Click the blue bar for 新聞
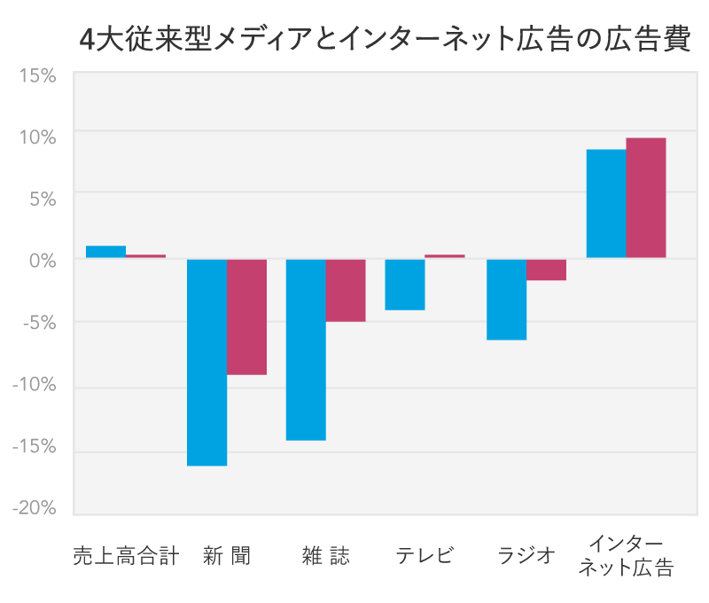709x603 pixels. [206, 362]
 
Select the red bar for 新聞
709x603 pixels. [246, 317]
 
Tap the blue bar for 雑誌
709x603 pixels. [306, 349]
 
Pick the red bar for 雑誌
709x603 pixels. [346, 290]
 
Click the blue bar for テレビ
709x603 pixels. [404, 285]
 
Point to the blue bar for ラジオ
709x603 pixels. [506, 299]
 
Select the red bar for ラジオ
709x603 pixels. [546, 270]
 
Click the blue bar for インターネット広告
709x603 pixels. [606, 204]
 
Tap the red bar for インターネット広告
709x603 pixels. [646, 198]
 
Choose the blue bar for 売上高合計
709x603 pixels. [105, 252]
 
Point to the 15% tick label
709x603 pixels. [37, 76]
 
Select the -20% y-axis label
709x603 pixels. [34, 507]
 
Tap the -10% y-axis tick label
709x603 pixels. [34, 385]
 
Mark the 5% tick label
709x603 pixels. [41, 199]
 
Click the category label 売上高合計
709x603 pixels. [126, 556]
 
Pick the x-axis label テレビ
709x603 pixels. [425, 556]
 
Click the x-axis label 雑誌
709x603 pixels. [325, 556]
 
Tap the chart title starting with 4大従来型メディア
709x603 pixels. [384, 41]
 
